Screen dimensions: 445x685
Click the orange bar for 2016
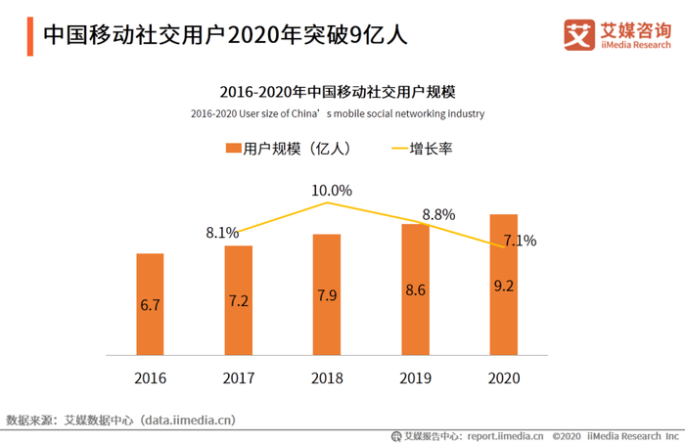(x=150, y=304)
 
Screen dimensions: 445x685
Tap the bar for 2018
(x=327, y=294)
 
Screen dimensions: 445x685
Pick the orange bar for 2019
(x=415, y=289)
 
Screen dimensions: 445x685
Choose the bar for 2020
(x=503, y=285)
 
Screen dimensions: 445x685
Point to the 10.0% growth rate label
(x=332, y=190)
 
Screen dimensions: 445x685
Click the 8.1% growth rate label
(x=222, y=233)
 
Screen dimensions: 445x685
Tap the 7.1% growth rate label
(x=519, y=241)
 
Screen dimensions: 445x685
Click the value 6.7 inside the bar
(x=150, y=305)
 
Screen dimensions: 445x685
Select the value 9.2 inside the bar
(x=503, y=288)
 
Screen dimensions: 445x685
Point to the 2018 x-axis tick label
(x=327, y=378)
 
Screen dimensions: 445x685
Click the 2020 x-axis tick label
(x=503, y=378)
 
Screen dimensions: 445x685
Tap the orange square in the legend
(x=233, y=149)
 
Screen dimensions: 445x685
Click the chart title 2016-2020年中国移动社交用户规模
(x=338, y=92)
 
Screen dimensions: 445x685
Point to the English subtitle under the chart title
(x=338, y=113)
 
